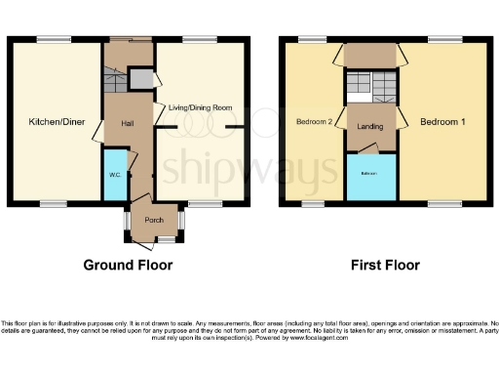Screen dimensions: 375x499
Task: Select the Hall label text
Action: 127,123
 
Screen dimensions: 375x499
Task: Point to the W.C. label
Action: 114,176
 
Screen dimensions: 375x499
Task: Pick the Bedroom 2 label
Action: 315,122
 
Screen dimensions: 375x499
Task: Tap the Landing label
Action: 369,126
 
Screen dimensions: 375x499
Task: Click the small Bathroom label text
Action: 370,174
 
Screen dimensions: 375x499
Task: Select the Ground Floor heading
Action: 128,265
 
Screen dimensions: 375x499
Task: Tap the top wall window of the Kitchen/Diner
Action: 55,39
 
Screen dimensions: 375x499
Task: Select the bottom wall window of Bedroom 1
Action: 444,204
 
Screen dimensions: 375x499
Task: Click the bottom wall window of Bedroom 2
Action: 312,204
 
